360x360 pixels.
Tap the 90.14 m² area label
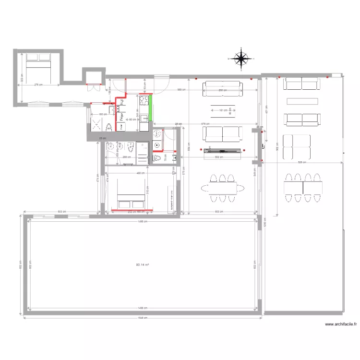(143, 264)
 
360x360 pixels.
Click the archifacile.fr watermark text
(341, 324)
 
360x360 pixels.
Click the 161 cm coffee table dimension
(222, 110)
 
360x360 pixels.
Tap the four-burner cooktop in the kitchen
(143, 101)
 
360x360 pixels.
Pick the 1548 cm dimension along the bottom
(143, 317)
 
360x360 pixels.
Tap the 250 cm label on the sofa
(222, 90)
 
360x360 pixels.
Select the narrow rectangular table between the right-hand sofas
(302, 101)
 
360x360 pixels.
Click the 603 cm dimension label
(62, 211)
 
